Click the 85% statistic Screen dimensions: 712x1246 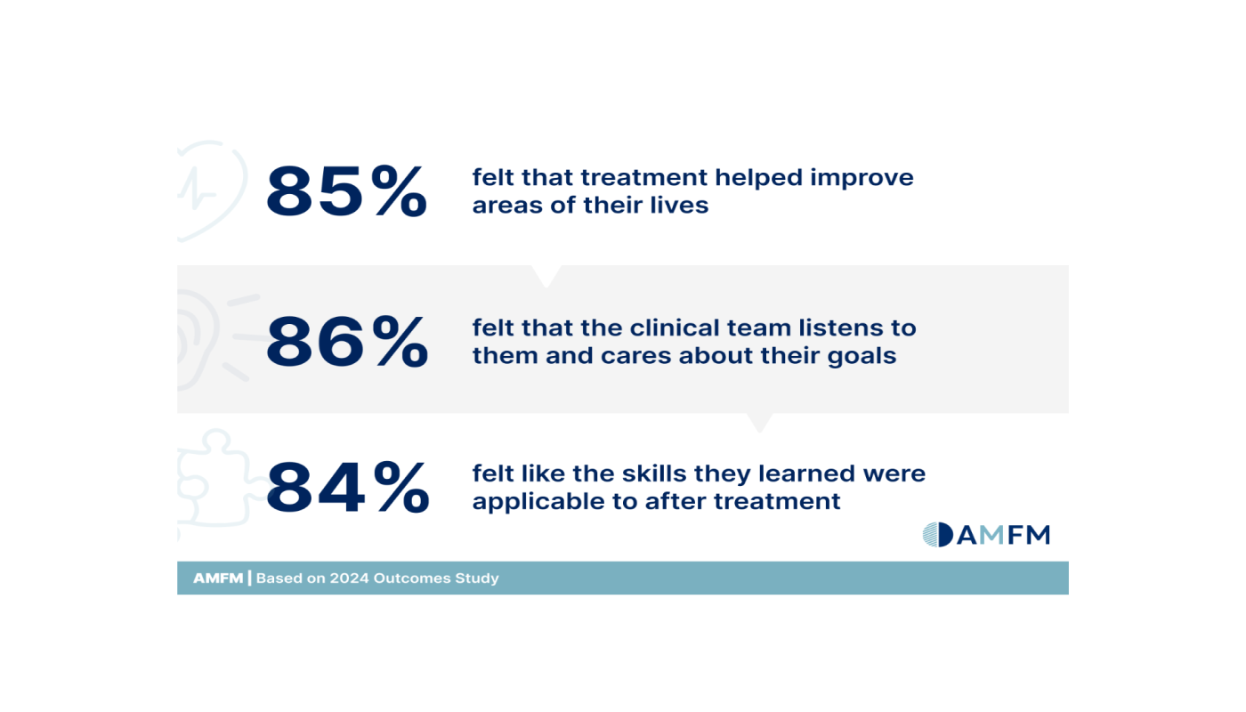346,191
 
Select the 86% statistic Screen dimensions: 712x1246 346,342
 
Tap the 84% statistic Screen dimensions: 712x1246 347,487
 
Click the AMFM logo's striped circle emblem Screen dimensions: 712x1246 937,534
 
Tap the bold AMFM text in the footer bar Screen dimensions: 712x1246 217,578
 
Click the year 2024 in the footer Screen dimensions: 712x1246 349,578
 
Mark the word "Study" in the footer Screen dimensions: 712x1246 478,578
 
